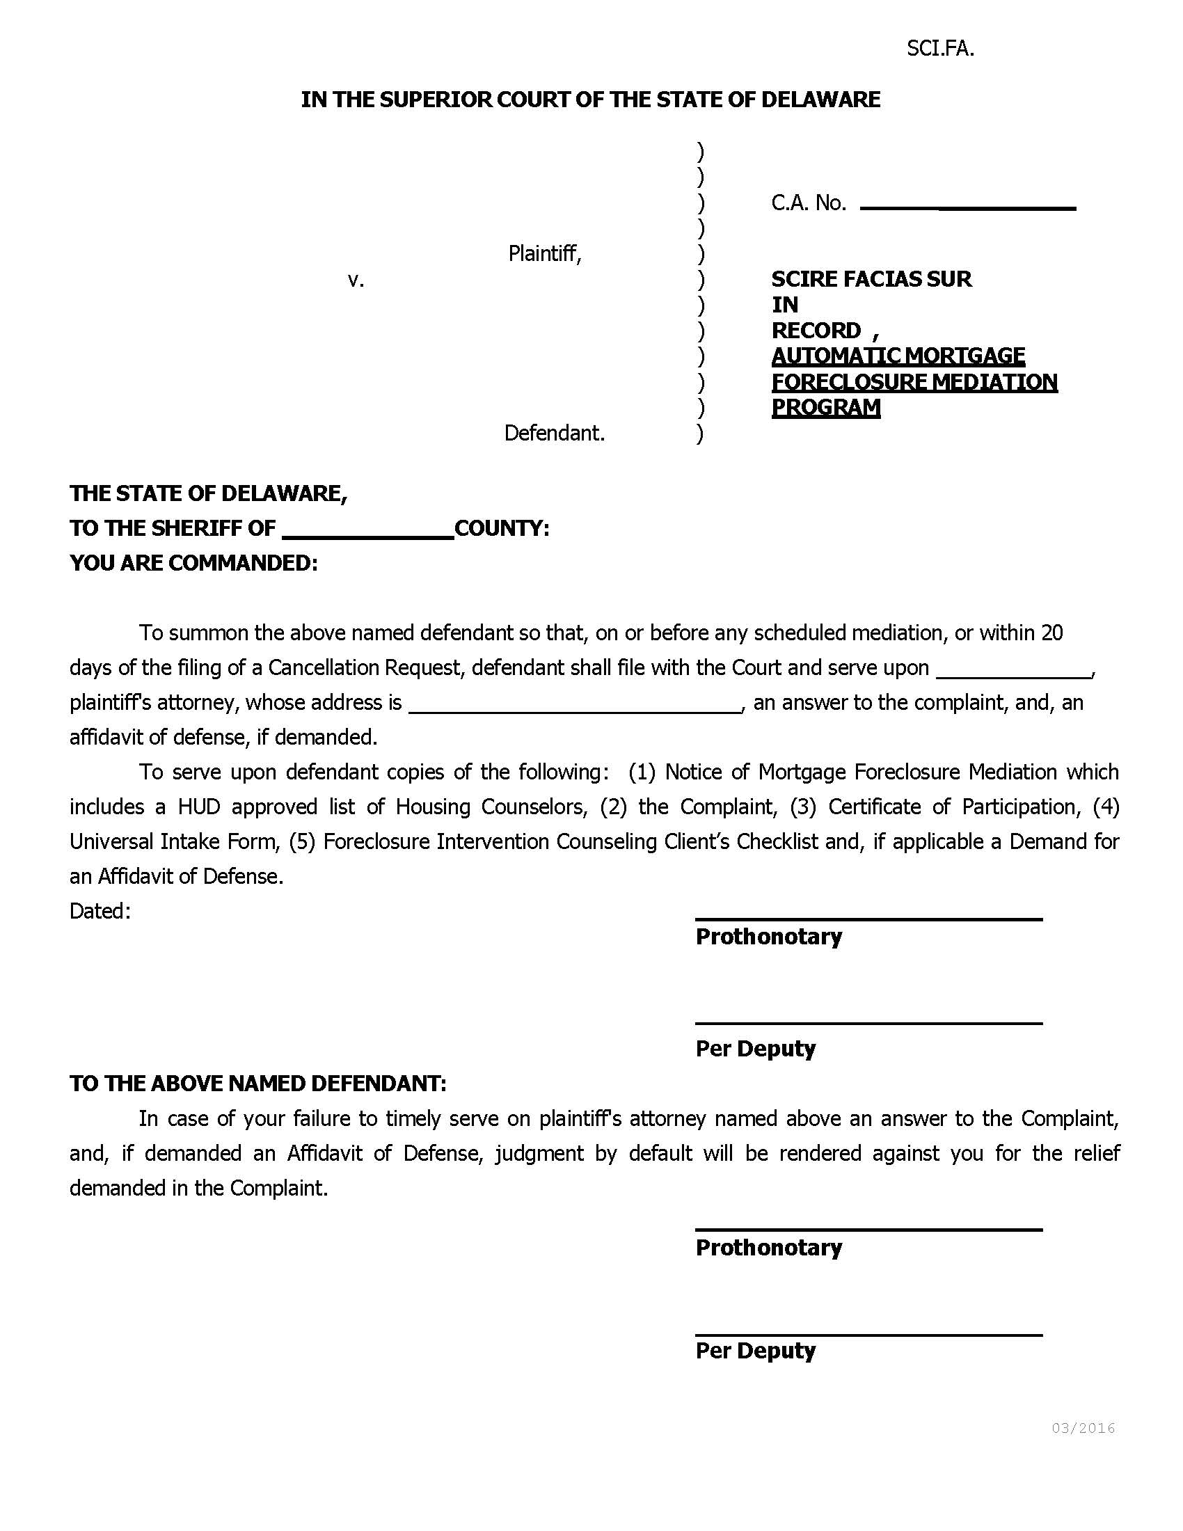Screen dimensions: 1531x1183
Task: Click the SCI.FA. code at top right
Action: (940, 49)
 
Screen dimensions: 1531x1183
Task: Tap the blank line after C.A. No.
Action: (967, 207)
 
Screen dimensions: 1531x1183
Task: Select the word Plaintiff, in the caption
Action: (545, 253)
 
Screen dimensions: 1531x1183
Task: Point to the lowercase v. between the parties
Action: (356, 280)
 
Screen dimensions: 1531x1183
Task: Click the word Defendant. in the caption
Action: (555, 434)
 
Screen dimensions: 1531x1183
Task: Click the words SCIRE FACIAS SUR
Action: (871, 279)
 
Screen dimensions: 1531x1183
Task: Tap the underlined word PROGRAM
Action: (825, 407)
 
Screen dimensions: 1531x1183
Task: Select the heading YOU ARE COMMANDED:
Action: (193, 563)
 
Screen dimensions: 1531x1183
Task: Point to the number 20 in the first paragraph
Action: (1051, 633)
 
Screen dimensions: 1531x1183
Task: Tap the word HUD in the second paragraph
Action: (199, 807)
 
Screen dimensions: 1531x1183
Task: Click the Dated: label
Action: (100, 911)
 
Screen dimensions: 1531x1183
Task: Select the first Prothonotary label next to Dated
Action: (768, 937)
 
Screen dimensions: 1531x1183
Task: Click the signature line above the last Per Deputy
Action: (868, 1335)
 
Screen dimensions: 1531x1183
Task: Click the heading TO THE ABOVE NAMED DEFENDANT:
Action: (258, 1084)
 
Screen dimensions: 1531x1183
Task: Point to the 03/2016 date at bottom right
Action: (1083, 1428)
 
